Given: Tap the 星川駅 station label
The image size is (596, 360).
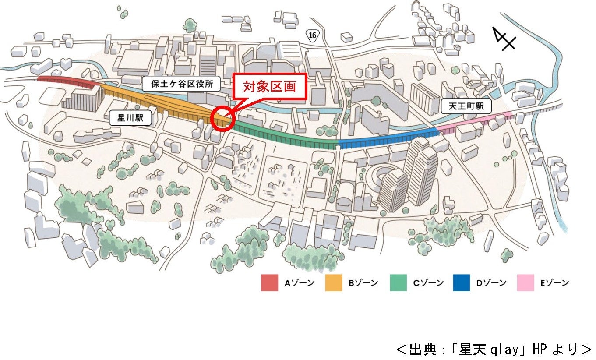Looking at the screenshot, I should [x=130, y=118].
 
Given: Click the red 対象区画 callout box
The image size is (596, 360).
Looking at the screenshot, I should [x=269, y=86].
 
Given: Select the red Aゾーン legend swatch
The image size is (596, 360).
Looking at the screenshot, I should [x=269, y=283].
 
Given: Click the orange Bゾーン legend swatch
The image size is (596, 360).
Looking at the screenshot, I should [x=333, y=283].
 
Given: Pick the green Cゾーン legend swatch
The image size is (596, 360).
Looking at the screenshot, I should [x=398, y=283].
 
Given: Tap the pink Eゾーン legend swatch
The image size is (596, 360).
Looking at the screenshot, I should [x=525, y=283].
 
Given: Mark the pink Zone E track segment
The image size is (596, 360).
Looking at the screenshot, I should [x=473, y=121].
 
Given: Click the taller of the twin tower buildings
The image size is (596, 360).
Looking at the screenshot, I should [x=421, y=171].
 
